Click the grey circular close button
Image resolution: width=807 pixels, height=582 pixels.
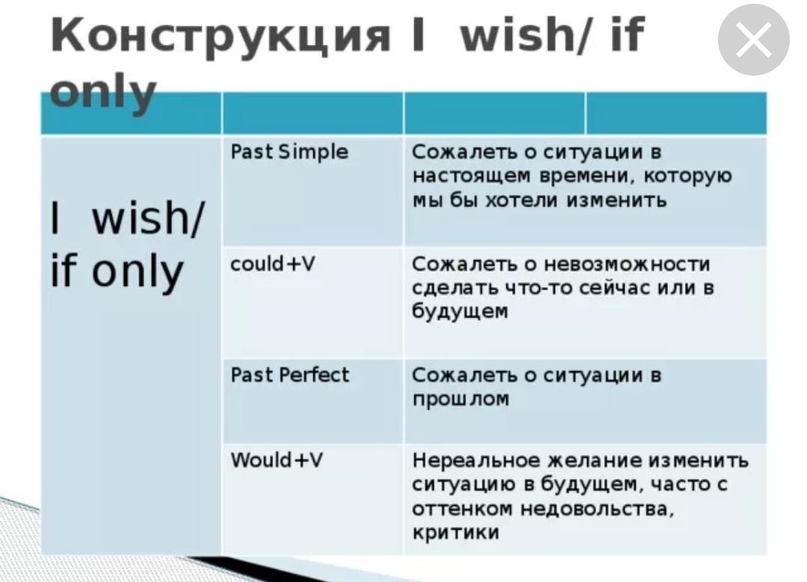pos(753,40)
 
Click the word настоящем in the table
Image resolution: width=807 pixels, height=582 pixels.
pos(471,177)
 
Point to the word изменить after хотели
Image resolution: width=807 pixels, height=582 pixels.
pos(616,200)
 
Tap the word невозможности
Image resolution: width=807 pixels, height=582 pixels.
pos(627,264)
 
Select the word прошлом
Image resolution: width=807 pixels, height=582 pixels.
pos(461,399)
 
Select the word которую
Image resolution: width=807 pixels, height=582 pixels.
pos(687,177)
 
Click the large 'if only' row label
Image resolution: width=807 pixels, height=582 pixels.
pos(117,272)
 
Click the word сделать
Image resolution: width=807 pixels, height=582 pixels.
pos(455,288)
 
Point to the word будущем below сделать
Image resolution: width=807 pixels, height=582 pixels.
pos(460,312)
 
